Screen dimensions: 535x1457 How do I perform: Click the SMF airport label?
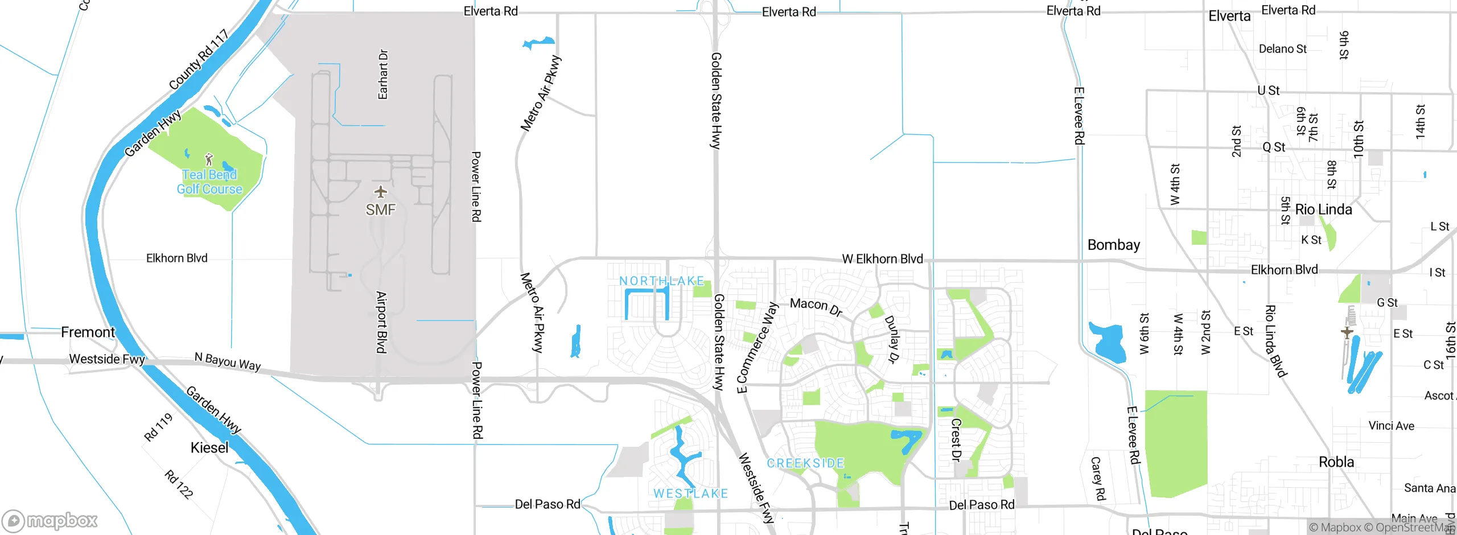point(380,210)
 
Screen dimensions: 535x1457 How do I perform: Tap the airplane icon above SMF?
point(380,192)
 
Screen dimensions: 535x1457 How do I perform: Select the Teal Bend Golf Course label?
point(209,182)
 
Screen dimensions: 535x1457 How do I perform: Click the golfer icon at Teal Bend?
point(209,159)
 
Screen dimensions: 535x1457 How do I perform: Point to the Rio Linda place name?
point(1323,209)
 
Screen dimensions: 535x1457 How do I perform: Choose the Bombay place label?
point(1113,245)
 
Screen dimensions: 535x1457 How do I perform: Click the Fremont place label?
point(88,332)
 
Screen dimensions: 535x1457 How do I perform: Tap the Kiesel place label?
point(209,447)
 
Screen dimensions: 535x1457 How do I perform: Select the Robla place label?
point(1336,462)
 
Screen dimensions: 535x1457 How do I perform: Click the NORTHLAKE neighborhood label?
point(661,281)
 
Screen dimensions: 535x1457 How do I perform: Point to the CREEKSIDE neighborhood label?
point(805,463)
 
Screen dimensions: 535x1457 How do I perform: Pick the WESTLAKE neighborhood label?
point(690,493)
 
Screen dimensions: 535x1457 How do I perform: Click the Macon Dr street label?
point(816,306)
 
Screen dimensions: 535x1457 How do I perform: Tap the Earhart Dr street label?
point(383,74)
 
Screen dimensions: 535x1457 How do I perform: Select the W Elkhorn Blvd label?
point(882,259)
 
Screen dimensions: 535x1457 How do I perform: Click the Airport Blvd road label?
point(381,322)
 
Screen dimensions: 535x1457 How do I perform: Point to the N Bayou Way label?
point(228,361)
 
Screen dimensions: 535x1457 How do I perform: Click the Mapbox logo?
point(50,520)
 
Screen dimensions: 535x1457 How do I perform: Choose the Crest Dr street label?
point(956,439)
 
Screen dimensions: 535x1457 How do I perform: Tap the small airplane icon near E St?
point(1347,332)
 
